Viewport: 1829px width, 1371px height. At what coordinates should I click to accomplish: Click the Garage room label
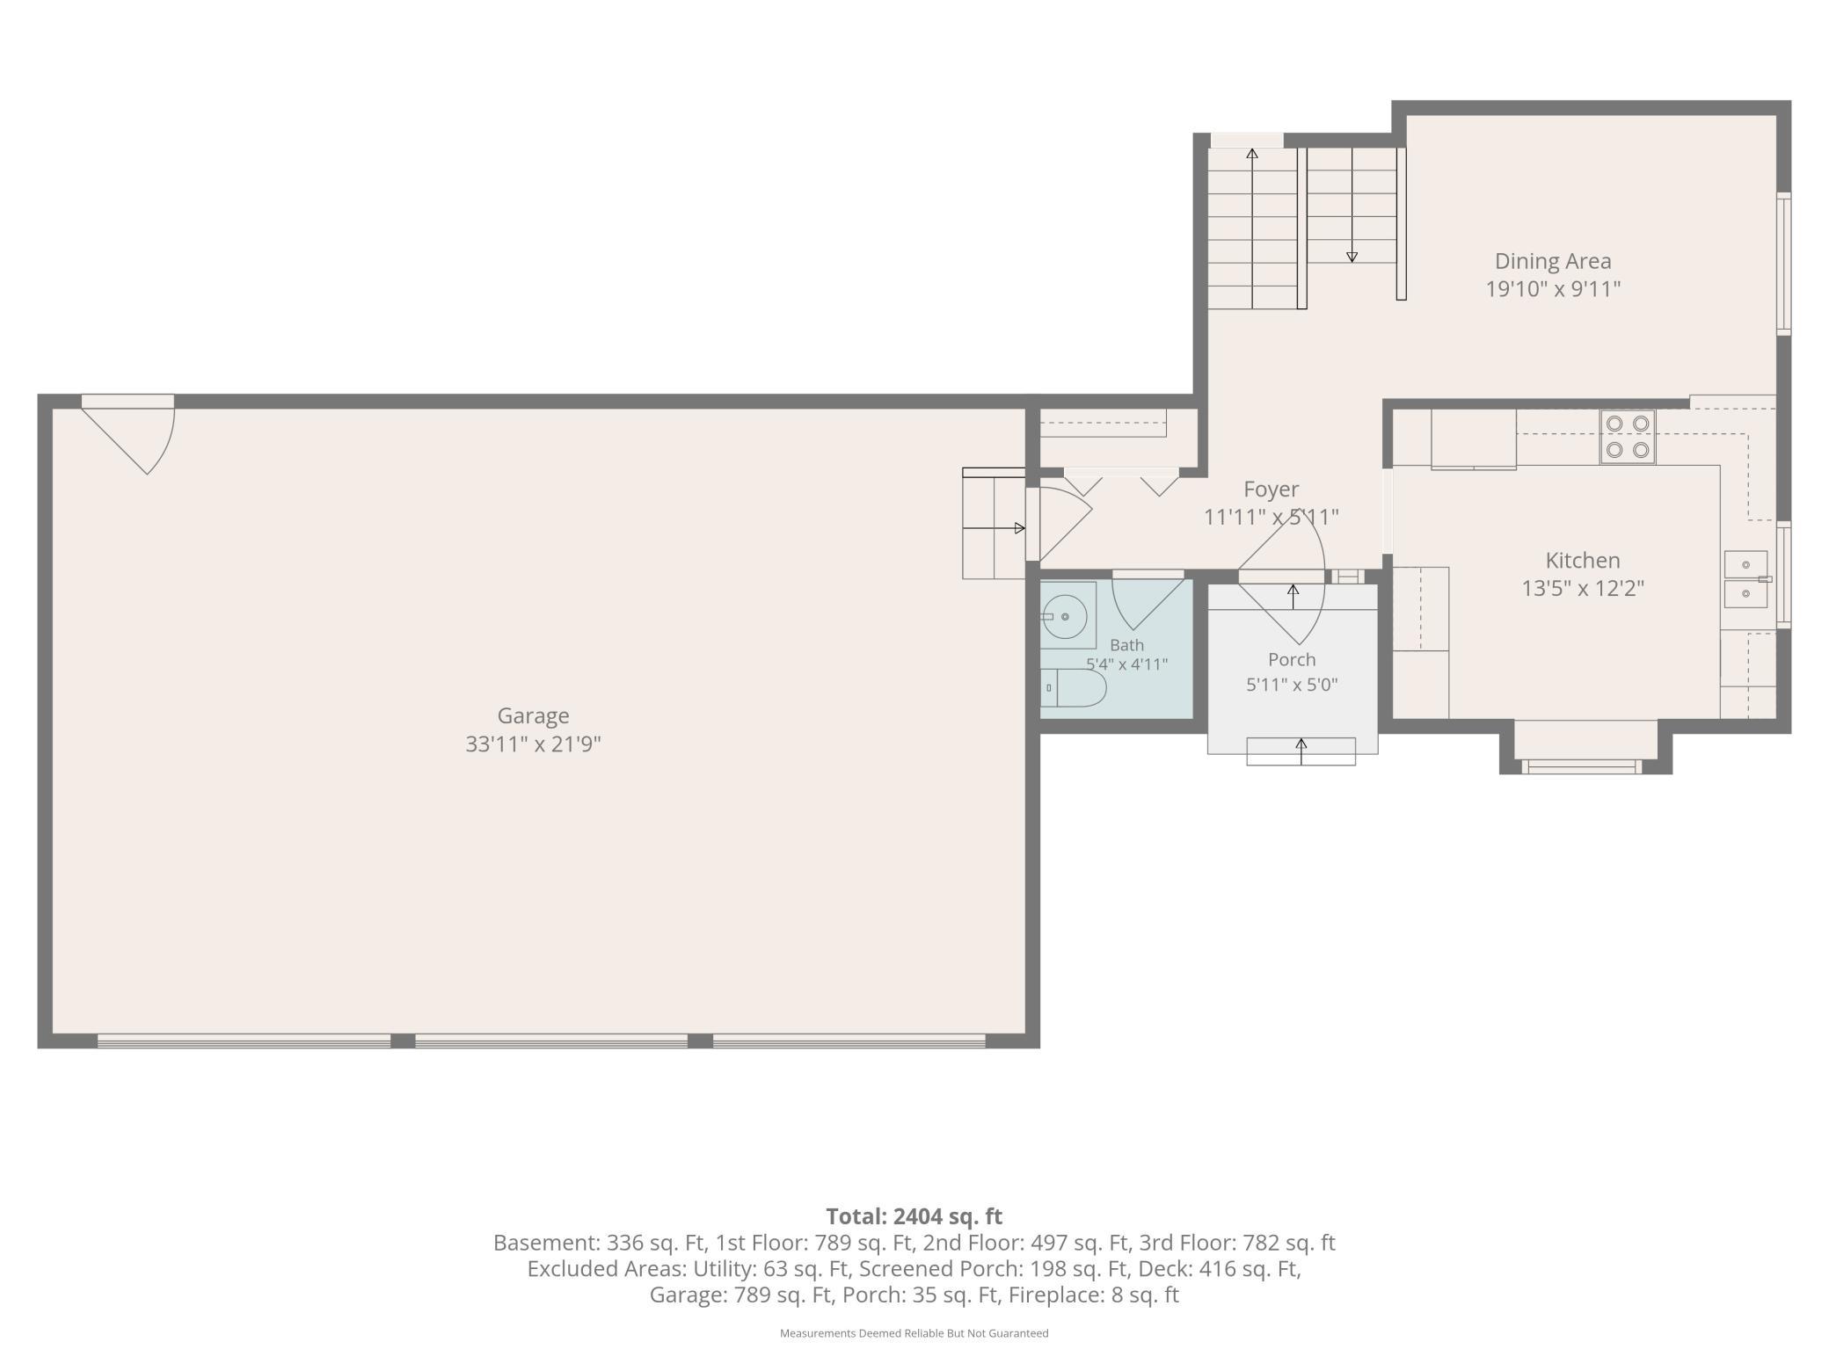pos(533,715)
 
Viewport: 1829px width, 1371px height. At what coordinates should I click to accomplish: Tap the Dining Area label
pos(1553,261)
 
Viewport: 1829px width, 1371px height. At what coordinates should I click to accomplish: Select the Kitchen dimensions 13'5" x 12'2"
pos(1583,588)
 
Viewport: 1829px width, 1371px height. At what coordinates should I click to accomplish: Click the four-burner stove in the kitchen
pos(1628,437)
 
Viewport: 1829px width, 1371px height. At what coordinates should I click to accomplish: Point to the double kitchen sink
pos(1745,579)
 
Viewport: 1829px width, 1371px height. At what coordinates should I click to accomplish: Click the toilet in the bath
pos(1073,688)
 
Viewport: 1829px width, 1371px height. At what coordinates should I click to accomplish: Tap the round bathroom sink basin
pos(1065,617)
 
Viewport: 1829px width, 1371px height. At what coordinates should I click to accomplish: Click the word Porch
pos(1292,659)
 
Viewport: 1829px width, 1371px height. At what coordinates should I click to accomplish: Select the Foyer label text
pos(1271,489)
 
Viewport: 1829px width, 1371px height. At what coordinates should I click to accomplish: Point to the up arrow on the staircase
pos(1252,228)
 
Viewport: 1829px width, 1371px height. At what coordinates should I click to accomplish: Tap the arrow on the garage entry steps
pos(995,528)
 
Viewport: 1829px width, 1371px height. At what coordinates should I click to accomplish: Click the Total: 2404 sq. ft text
pos(914,1216)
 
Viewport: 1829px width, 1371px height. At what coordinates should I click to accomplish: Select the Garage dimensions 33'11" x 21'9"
pos(533,744)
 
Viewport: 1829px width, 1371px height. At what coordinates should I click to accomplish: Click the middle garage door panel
pos(551,1041)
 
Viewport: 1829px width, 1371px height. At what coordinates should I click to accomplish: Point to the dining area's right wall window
pos(1783,263)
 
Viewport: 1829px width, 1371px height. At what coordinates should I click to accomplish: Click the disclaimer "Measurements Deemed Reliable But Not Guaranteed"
pos(914,1333)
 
